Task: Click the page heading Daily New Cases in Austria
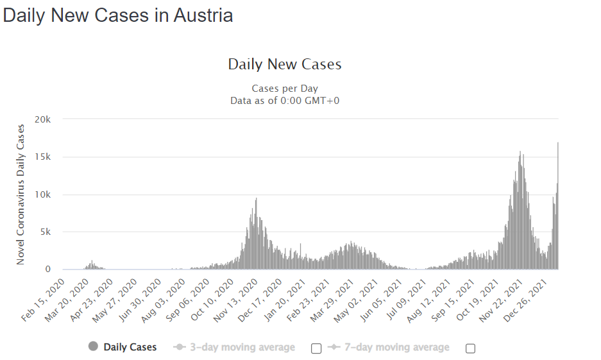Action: pyautogui.click(x=118, y=15)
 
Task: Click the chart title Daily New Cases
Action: pyautogui.click(x=285, y=64)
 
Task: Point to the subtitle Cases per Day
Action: pyautogui.click(x=285, y=89)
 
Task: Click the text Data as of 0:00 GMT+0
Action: pyautogui.click(x=285, y=100)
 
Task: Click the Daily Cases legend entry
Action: pyautogui.click(x=130, y=347)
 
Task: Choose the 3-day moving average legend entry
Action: pyautogui.click(x=242, y=347)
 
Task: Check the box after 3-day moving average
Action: pyautogui.click(x=316, y=348)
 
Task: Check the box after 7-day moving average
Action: pyautogui.click(x=470, y=348)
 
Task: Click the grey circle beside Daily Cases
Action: pyautogui.click(x=94, y=347)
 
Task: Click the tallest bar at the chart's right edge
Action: pyautogui.click(x=558, y=205)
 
